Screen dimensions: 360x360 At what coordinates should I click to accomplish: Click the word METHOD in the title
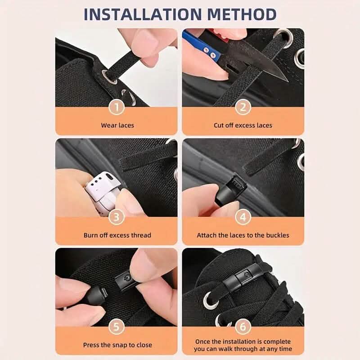coord(238,14)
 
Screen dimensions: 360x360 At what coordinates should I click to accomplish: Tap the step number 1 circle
coord(117,107)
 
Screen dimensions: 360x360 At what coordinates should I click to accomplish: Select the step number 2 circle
coord(243,107)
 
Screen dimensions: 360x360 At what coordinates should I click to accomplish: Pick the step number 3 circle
coord(117,217)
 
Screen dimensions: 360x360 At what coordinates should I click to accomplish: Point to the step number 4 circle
coord(243,217)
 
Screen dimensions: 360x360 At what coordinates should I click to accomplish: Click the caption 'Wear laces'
coord(117,125)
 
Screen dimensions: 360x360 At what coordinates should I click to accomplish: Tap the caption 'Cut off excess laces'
coord(243,125)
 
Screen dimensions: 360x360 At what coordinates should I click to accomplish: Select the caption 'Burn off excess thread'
coord(117,235)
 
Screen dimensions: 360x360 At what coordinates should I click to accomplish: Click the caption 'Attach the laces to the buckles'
coord(243,235)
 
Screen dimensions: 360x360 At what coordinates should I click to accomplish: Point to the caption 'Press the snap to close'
coord(117,345)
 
